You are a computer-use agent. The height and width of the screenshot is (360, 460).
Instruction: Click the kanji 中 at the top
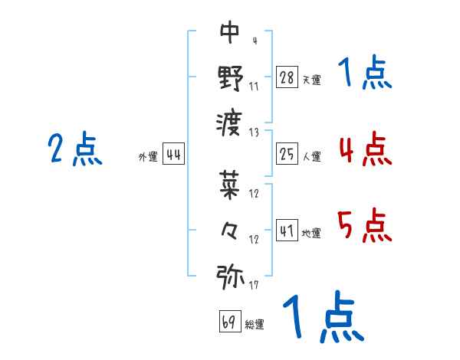pos(230,32)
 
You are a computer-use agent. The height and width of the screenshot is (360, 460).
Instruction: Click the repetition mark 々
pos(230,230)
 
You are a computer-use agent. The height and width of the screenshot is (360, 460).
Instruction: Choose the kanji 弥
pos(230,276)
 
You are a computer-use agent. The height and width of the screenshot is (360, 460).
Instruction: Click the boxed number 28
pos(287,77)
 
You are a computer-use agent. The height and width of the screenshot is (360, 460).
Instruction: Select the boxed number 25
pos(287,154)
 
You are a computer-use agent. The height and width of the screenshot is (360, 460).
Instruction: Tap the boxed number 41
pos(287,230)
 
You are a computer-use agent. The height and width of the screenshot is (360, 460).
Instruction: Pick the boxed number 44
pos(173,154)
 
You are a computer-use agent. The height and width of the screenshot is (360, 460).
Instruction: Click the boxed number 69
pos(229,321)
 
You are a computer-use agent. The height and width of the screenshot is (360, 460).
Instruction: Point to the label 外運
pos(147,157)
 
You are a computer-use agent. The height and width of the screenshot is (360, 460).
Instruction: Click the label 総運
pos(255,324)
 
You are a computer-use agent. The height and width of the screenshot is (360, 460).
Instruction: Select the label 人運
pos(311,157)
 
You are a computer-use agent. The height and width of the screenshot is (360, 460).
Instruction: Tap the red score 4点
pos(364,149)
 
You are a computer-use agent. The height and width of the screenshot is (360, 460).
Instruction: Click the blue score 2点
pos(74,149)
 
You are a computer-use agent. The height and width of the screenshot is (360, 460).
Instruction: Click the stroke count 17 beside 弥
pos(253,285)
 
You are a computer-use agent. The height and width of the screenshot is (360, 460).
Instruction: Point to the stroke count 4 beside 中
pos(254,40)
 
